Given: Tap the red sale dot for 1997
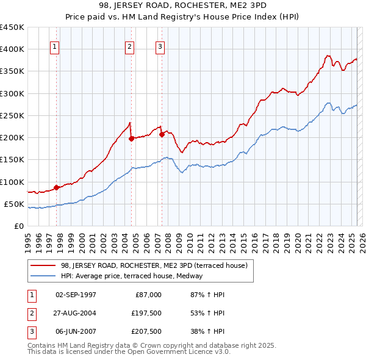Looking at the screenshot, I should pyautogui.click(x=56, y=187).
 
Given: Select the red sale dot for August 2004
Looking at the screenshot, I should pyautogui.click(x=131, y=139).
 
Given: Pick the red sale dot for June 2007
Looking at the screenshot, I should pyautogui.click(x=162, y=134).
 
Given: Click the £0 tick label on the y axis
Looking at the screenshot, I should pyautogui.click(x=18, y=226).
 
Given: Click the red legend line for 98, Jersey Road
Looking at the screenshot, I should pyautogui.click(x=43, y=265).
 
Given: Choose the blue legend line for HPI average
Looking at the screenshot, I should pyautogui.click(x=43, y=276).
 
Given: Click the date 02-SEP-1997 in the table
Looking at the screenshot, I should pyautogui.click(x=76, y=295).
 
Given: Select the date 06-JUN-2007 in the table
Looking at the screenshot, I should pyautogui.click(x=76, y=331).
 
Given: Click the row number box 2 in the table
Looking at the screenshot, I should pyautogui.click(x=30, y=313).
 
